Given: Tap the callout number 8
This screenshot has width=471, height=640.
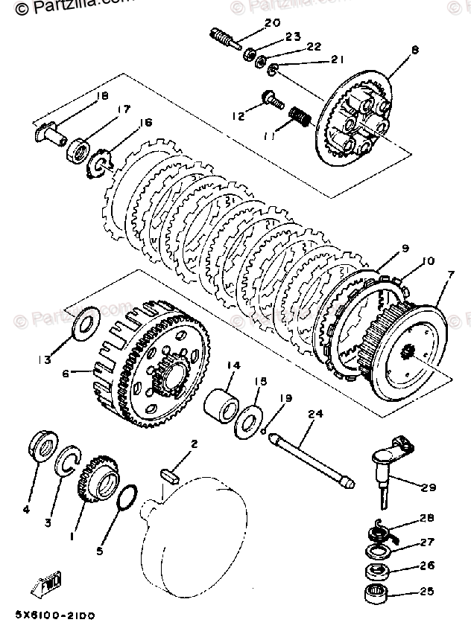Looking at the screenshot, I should point(415,51).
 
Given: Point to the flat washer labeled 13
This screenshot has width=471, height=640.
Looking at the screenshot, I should point(78,321).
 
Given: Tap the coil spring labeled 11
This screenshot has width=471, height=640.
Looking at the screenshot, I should point(298,117).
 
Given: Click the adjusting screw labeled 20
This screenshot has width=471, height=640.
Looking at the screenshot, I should point(224,39).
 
